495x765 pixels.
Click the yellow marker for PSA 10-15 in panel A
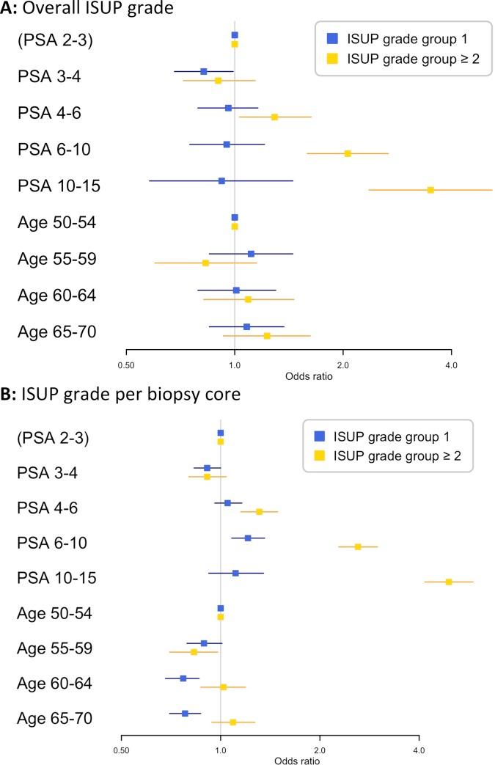[x=430, y=190]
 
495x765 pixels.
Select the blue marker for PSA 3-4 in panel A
[x=204, y=71]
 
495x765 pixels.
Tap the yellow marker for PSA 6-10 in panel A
[x=348, y=153]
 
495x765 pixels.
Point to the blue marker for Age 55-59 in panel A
[x=251, y=254]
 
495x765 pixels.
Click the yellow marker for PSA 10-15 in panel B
[x=449, y=582]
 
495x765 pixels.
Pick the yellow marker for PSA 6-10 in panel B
[x=358, y=546]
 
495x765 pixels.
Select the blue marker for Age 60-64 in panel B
[x=183, y=678]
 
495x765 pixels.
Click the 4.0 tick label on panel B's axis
[x=419, y=750]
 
